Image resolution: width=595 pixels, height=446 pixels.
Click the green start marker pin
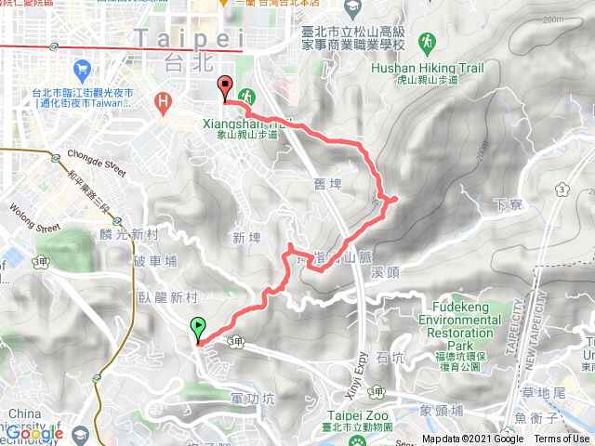[198, 327]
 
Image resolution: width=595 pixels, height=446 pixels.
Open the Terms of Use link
[562, 439]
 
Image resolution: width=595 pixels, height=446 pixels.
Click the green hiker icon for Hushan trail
[426, 43]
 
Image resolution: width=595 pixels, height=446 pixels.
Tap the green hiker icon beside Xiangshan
[246, 95]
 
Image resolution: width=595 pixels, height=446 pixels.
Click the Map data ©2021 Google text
[472, 439]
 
